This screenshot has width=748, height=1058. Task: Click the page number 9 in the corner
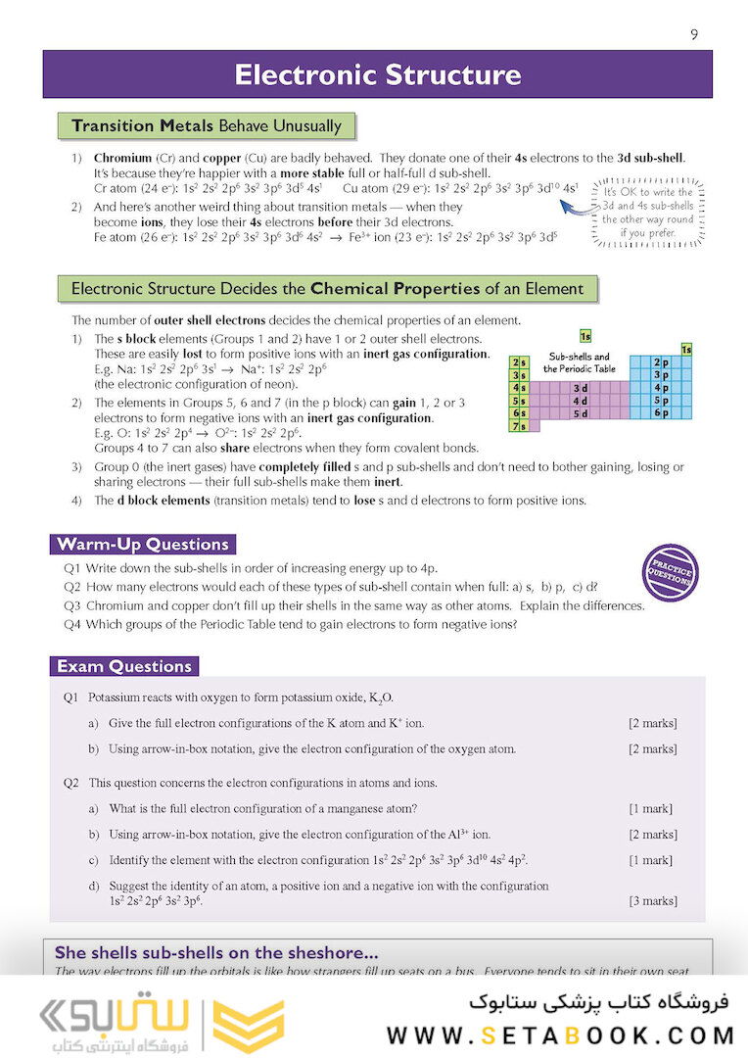coord(694,35)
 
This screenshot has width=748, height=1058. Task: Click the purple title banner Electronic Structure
coord(377,74)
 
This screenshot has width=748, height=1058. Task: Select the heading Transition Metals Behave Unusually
coord(207,126)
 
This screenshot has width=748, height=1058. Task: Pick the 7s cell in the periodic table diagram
coord(520,426)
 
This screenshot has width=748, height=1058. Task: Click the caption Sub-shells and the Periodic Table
coord(580,362)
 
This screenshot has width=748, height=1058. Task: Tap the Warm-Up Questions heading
coord(143,545)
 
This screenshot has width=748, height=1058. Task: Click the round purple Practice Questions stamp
coord(673,571)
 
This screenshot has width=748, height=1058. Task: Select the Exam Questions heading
coord(124,667)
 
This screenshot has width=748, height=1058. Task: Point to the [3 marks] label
coord(652,901)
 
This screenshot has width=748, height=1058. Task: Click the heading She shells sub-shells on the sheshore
coord(216,952)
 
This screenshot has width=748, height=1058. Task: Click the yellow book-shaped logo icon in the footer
coord(248,1026)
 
